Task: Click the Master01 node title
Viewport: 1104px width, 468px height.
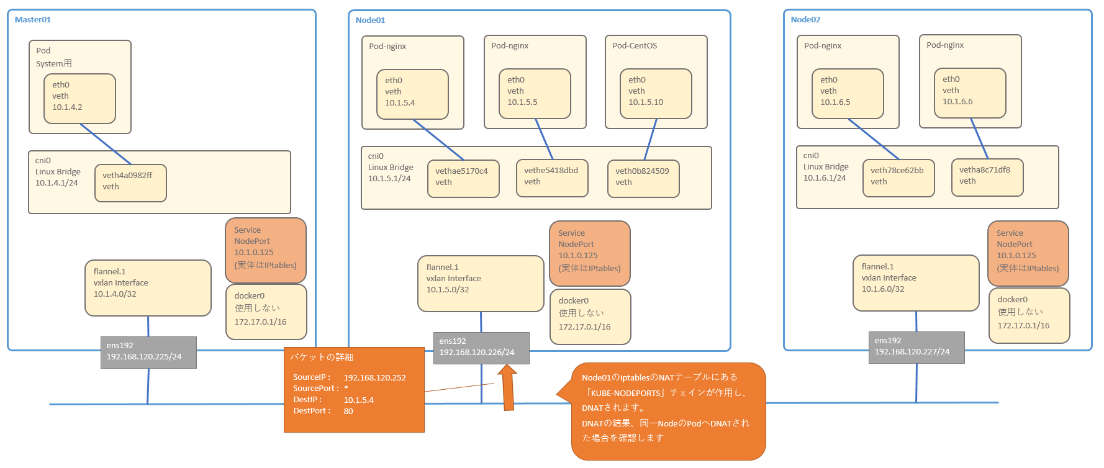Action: (x=33, y=20)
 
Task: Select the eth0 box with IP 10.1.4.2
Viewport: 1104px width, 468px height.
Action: (x=79, y=98)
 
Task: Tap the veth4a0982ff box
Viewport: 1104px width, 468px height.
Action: (x=130, y=182)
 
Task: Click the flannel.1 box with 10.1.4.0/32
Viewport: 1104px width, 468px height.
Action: (x=148, y=288)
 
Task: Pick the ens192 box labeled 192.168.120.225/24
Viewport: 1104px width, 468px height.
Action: (x=148, y=352)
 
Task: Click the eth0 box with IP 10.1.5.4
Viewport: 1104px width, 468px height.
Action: (x=412, y=94)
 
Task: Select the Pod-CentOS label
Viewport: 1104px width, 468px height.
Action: (x=634, y=46)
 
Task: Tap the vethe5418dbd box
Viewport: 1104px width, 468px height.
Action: (x=551, y=178)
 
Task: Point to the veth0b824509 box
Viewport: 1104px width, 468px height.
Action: (x=643, y=178)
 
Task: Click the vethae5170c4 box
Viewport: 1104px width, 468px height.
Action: (x=463, y=178)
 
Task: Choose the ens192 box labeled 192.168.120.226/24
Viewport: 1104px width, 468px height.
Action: (x=481, y=348)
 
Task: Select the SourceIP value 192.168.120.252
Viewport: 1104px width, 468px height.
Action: (x=374, y=377)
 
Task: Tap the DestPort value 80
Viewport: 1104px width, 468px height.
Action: (x=348, y=411)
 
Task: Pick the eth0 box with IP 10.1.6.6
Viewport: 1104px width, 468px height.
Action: (x=970, y=92)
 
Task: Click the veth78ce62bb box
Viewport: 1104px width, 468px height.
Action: (x=898, y=178)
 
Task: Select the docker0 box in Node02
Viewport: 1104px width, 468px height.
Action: (x=1029, y=315)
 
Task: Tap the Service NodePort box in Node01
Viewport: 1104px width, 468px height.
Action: (x=589, y=253)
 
